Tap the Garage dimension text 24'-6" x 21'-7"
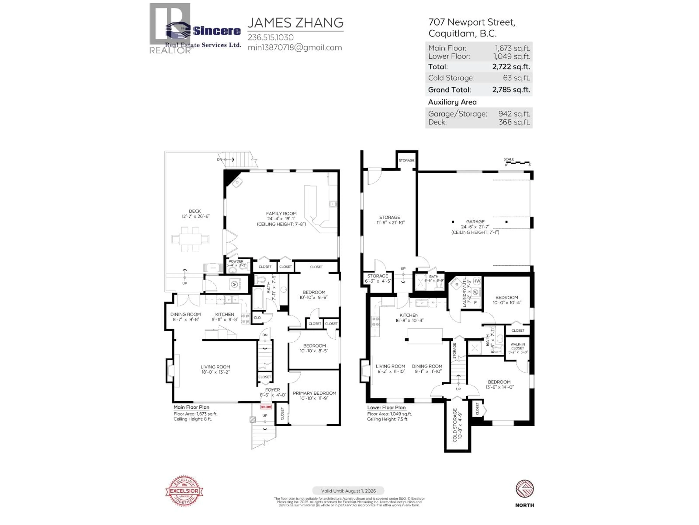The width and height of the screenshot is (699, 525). pyautogui.click(x=475, y=227)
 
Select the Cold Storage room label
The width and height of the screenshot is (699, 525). pyautogui.click(x=455, y=425)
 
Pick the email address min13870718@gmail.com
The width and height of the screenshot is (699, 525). pyautogui.click(x=295, y=47)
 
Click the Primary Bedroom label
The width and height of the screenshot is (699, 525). pyautogui.click(x=314, y=393)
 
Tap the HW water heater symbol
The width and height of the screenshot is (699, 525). pyautogui.click(x=477, y=281)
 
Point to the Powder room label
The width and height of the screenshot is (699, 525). pyautogui.click(x=236, y=261)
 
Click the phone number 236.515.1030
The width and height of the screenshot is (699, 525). pyautogui.click(x=270, y=37)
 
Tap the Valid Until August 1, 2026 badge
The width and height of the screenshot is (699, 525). pyautogui.click(x=348, y=491)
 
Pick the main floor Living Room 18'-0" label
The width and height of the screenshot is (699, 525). pyautogui.click(x=215, y=367)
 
